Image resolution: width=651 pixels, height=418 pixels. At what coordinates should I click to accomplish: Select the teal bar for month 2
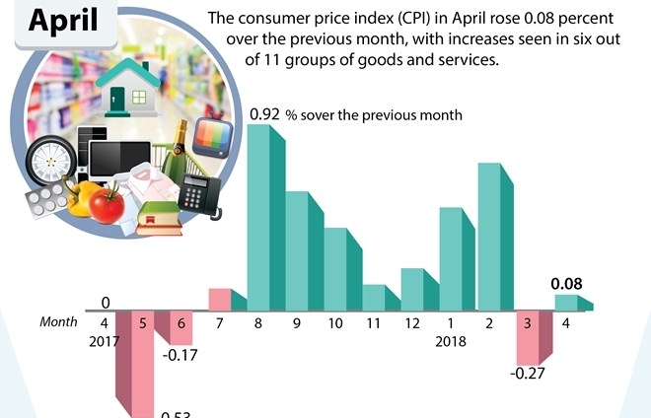coord(491,237)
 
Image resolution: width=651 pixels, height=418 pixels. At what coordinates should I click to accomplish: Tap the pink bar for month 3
coord(529,333)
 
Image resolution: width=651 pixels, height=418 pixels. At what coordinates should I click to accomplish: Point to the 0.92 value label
coord(264,115)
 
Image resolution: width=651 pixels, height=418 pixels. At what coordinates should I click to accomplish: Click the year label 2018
coord(452,341)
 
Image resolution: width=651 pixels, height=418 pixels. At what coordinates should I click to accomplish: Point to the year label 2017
coord(104,341)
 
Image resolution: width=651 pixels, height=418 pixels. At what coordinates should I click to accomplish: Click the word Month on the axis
coord(58,322)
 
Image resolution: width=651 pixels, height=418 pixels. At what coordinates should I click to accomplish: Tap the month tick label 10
coord(335,322)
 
